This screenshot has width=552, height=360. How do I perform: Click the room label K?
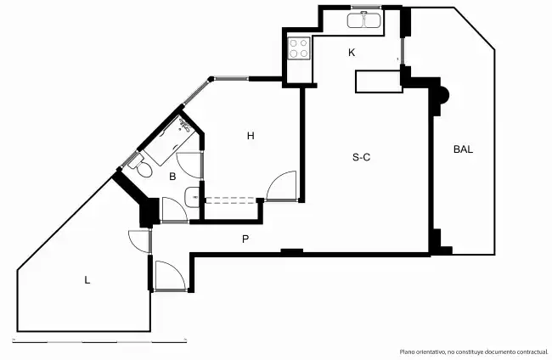tap(352, 53)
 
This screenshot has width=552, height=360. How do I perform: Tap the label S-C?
tap(361, 157)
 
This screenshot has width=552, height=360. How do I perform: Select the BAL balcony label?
tap(463, 149)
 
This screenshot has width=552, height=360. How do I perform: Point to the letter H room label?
tap(251, 136)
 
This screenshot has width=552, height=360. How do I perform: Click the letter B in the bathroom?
tap(172, 177)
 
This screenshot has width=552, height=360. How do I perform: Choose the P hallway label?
tap(245, 239)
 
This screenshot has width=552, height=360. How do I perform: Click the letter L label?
tap(87, 280)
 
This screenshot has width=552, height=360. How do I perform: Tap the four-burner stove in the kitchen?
tap(299, 48)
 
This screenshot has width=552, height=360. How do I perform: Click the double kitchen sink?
tap(365, 20)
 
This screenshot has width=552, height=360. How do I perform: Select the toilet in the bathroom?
tap(141, 166)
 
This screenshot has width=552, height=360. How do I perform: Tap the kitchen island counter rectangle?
tap(379, 82)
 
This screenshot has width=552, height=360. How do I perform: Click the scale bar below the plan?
tap(99, 340)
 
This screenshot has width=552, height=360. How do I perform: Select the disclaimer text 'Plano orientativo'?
tap(422, 352)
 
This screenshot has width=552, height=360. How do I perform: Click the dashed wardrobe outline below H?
tap(231, 200)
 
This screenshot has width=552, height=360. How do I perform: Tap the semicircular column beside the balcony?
tap(445, 95)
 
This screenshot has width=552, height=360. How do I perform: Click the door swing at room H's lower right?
tap(281, 186)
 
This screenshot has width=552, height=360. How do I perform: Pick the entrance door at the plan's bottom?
tap(170, 276)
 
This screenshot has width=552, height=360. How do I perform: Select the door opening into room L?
tap(140, 241)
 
